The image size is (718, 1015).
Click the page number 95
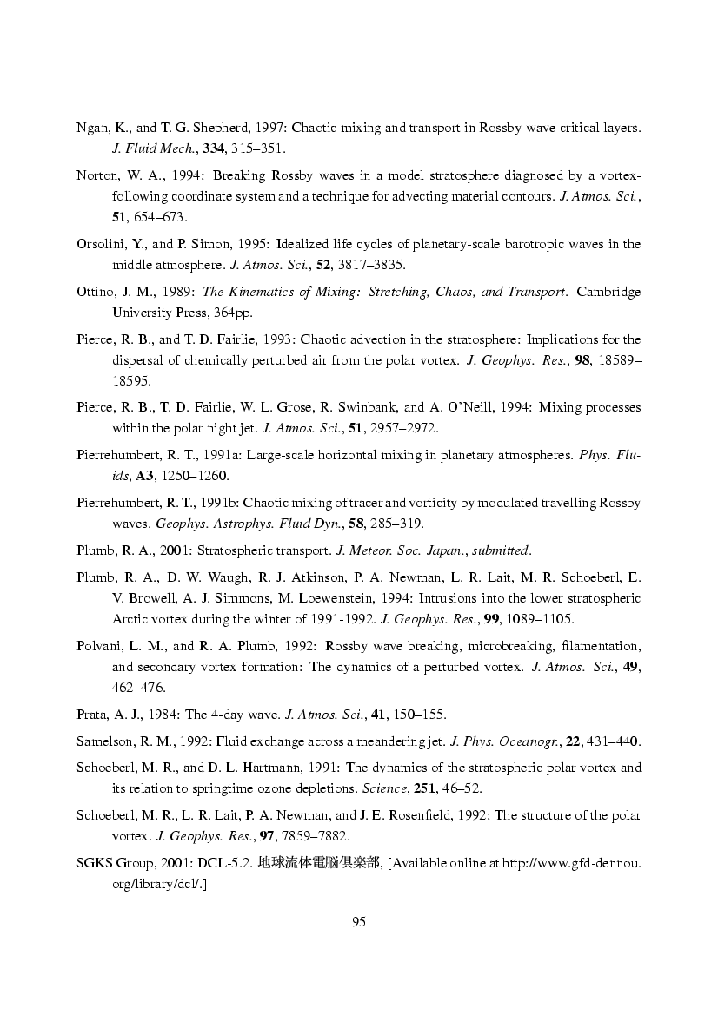tap(358, 922)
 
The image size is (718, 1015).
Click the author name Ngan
tap(91, 128)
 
